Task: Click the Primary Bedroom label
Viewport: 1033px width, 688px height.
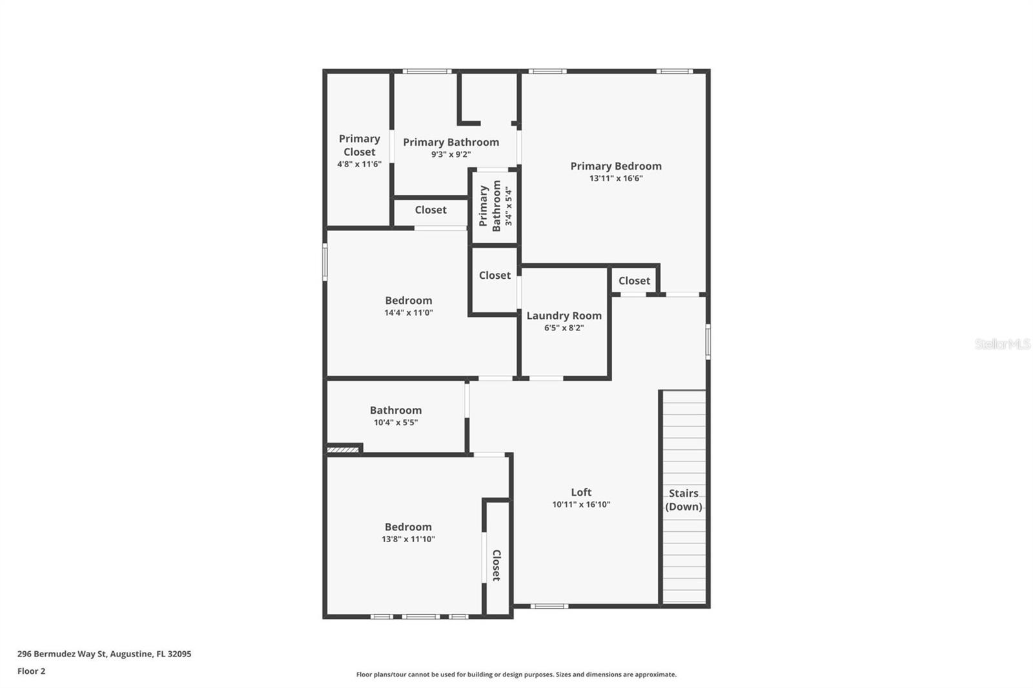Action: pyautogui.click(x=615, y=166)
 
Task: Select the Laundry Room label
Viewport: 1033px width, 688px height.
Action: pyautogui.click(x=564, y=316)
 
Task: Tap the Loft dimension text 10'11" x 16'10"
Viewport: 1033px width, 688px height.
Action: pyautogui.click(x=580, y=505)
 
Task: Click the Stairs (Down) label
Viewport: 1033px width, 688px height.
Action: pyautogui.click(x=683, y=500)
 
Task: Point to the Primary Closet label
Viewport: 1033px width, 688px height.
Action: pyautogui.click(x=359, y=145)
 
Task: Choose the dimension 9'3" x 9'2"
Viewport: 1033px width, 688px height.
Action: pyautogui.click(x=451, y=155)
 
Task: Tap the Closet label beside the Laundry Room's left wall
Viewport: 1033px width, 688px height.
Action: pyautogui.click(x=495, y=276)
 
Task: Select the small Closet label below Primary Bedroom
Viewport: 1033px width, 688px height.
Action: pyautogui.click(x=634, y=281)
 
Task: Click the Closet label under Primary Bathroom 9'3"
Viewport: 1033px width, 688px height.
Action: pyautogui.click(x=430, y=210)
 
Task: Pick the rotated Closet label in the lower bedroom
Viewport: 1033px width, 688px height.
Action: pyautogui.click(x=496, y=565)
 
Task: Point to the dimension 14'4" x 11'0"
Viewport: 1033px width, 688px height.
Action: pyautogui.click(x=408, y=313)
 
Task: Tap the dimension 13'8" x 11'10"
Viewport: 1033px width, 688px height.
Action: pyautogui.click(x=408, y=540)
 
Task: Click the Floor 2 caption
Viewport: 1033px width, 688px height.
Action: pyautogui.click(x=31, y=671)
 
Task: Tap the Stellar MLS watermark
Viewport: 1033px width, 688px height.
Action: pyautogui.click(x=1002, y=344)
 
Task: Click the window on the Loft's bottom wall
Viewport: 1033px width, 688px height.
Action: pyautogui.click(x=549, y=606)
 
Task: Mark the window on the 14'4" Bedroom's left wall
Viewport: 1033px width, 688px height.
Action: pyautogui.click(x=325, y=261)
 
